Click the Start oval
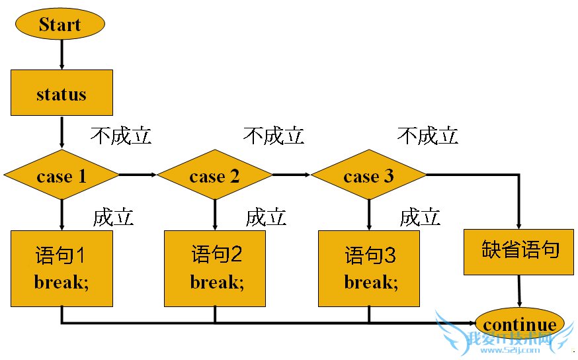click(x=60, y=25)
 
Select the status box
click(x=62, y=93)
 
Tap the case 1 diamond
click(x=62, y=176)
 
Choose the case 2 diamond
click(x=215, y=176)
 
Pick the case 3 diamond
click(x=369, y=176)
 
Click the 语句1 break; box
click(x=62, y=268)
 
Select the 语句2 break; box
click(x=215, y=268)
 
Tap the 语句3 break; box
click(x=369, y=268)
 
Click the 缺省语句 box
click(x=518, y=251)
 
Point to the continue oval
click(x=520, y=325)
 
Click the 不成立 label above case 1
click(x=121, y=136)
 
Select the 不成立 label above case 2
click(x=274, y=136)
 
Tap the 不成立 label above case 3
click(x=427, y=136)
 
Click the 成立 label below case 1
click(x=113, y=217)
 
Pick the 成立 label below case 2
click(x=266, y=217)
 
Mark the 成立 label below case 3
click(x=420, y=217)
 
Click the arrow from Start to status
click(x=62, y=54)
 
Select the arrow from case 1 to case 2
click(x=138, y=175)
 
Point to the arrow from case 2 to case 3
click(x=292, y=175)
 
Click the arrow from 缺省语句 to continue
click(x=519, y=292)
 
